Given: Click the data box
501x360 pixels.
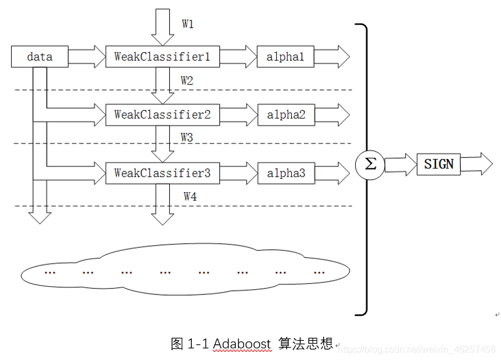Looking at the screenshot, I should point(40,57).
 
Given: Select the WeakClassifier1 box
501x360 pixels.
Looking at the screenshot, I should point(162,57).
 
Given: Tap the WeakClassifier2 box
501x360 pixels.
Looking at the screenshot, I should point(162,114).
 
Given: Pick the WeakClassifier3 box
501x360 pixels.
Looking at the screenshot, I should point(162,173).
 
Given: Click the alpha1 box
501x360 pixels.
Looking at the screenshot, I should point(285,57).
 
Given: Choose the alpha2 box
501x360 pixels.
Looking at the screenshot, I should point(285,114).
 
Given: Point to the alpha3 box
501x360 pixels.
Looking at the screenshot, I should point(285,173).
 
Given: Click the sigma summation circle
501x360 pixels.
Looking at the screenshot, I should point(370,165).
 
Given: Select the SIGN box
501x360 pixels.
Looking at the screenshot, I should point(438,164).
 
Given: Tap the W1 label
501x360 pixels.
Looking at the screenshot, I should point(188,24).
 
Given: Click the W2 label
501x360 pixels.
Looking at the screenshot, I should point(187,81).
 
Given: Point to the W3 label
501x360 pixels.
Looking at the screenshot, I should point(187,138).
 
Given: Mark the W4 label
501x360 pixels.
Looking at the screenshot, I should point(190,197).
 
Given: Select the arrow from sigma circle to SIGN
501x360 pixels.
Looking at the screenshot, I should point(400,165).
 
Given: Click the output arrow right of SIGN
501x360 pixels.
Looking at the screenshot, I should point(477,164).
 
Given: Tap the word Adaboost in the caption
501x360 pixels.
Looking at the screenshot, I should point(242,344).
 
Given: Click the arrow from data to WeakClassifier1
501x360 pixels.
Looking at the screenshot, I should point(86,57).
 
